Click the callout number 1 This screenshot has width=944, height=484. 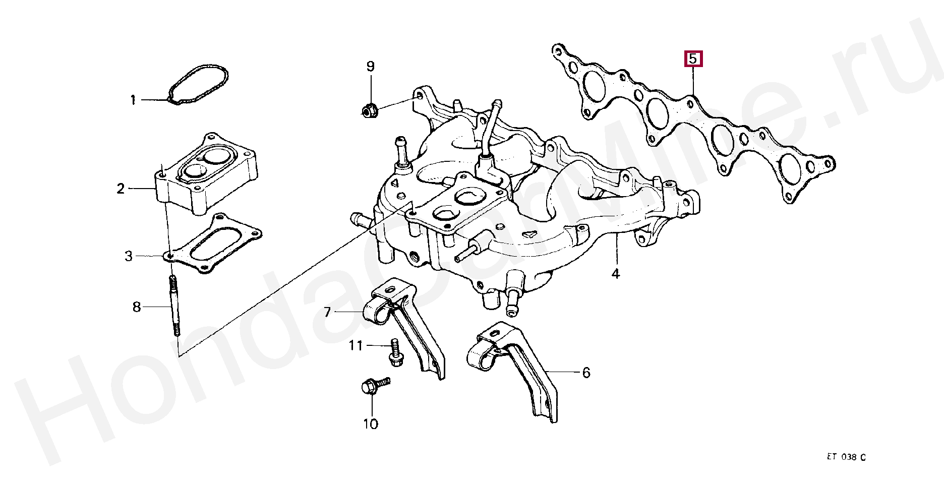[133, 100]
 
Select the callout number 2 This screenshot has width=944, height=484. [121, 189]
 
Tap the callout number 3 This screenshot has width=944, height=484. [129, 256]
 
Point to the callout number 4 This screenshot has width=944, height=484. [615, 274]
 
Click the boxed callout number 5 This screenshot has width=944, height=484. [693, 58]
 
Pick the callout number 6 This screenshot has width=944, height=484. [586, 373]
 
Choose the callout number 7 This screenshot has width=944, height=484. [327, 313]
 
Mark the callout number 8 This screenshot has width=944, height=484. [137, 307]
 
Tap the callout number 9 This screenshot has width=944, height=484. [370, 67]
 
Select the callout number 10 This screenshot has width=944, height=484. [370, 424]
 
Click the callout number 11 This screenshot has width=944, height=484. [356, 346]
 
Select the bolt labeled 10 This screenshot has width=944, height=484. [374, 386]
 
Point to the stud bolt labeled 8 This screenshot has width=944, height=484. [174, 307]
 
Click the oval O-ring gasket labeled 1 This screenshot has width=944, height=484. [198, 84]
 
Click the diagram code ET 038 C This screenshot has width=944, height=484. [846, 457]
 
